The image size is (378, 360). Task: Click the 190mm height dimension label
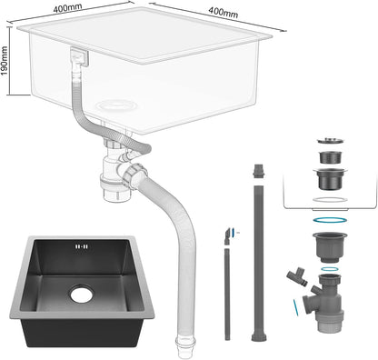(x=5, y=61)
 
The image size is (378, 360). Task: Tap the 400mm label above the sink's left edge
(x=67, y=8)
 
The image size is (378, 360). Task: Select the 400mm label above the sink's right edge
(x=224, y=12)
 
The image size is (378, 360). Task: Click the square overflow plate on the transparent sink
(x=79, y=57)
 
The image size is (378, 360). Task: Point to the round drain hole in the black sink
(x=82, y=294)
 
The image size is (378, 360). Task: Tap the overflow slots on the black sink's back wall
(x=82, y=246)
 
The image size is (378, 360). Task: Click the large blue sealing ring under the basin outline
(x=330, y=219)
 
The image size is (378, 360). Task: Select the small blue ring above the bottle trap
(x=330, y=269)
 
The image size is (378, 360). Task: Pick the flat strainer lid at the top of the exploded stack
(x=330, y=141)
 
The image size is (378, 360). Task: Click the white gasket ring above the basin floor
(x=330, y=199)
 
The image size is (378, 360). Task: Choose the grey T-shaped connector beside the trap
(x=297, y=275)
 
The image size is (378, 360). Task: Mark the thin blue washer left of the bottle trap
(x=296, y=308)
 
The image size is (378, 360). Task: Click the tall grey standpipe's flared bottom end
(x=259, y=337)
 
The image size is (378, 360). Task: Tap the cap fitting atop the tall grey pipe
(x=258, y=171)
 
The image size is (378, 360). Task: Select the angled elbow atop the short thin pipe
(x=227, y=236)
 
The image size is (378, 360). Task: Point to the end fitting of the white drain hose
(x=184, y=346)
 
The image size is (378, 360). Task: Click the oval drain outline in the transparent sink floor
(x=116, y=105)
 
